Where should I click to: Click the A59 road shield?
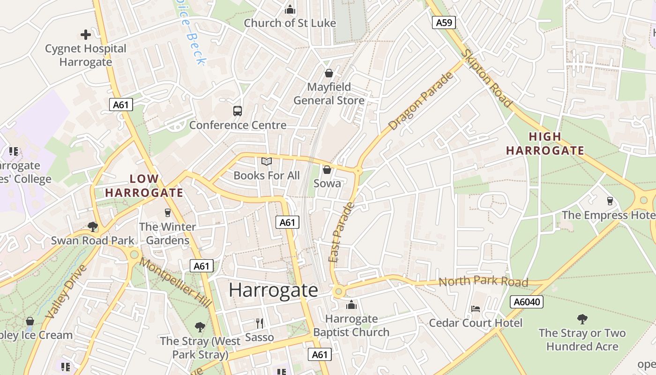click(x=443, y=22)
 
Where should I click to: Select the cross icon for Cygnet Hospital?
click(x=85, y=35)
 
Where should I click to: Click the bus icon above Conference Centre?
click(x=238, y=111)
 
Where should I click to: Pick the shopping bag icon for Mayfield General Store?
click(x=329, y=73)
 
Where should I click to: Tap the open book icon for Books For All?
click(x=267, y=162)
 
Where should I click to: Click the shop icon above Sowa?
click(x=327, y=170)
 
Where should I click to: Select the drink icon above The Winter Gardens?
click(x=168, y=213)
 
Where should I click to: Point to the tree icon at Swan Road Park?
click(x=93, y=227)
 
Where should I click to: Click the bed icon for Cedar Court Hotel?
click(x=476, y=309)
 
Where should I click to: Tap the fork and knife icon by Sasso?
click(x=260, y=323)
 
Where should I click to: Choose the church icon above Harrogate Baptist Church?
click(x=351, y=305)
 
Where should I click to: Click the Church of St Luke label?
click(x=290, y=23)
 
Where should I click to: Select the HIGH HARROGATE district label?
click(x=545, y=143)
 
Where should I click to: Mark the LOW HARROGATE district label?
click(x=144, y=186)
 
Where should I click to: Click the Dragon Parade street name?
click(x=421, y=101)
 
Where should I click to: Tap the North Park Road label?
click(x=483, y=281)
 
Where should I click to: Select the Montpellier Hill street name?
click(x=175, y=283)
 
